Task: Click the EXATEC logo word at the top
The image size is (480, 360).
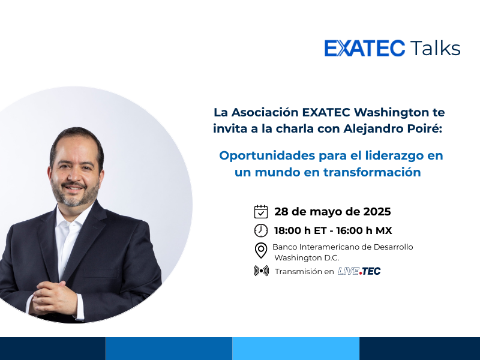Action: (365, 49)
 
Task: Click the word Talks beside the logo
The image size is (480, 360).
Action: (435, 48)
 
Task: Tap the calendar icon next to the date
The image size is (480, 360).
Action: (261, 212)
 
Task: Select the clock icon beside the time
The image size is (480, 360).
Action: (261, 230)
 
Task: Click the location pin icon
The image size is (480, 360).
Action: (261, 251)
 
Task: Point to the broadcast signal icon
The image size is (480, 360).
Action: (261, 271)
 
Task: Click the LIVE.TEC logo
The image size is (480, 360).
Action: (359, 271)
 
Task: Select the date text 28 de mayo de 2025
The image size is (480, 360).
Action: (332, 212)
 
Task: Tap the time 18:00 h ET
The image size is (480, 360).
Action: (301, 230)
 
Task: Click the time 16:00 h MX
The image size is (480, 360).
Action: (364, 230)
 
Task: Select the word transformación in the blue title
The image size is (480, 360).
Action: (372, 172)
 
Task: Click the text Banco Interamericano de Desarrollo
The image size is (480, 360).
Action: (343, 247)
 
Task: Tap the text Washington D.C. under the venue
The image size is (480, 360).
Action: (307, 258)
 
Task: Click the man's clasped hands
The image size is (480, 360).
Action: (55, 298)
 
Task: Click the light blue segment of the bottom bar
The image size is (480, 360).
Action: (296, 349)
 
